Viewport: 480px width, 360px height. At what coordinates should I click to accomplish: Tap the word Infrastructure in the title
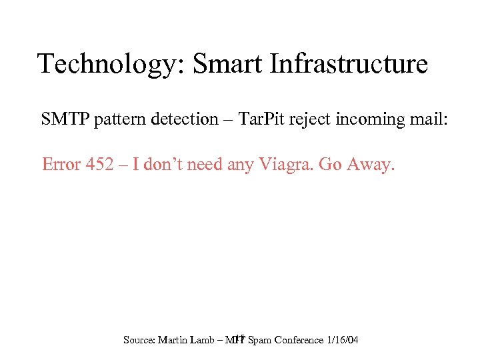[349, 64]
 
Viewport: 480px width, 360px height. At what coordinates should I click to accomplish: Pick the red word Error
[62, 164]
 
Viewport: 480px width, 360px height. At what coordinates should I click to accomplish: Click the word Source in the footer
[139, 340]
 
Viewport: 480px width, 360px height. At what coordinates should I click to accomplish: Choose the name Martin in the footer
[175, 340]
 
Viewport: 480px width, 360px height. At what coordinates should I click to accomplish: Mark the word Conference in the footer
[297, 340]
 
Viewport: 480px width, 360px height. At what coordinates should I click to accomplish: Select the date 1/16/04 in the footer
[343, 340]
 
